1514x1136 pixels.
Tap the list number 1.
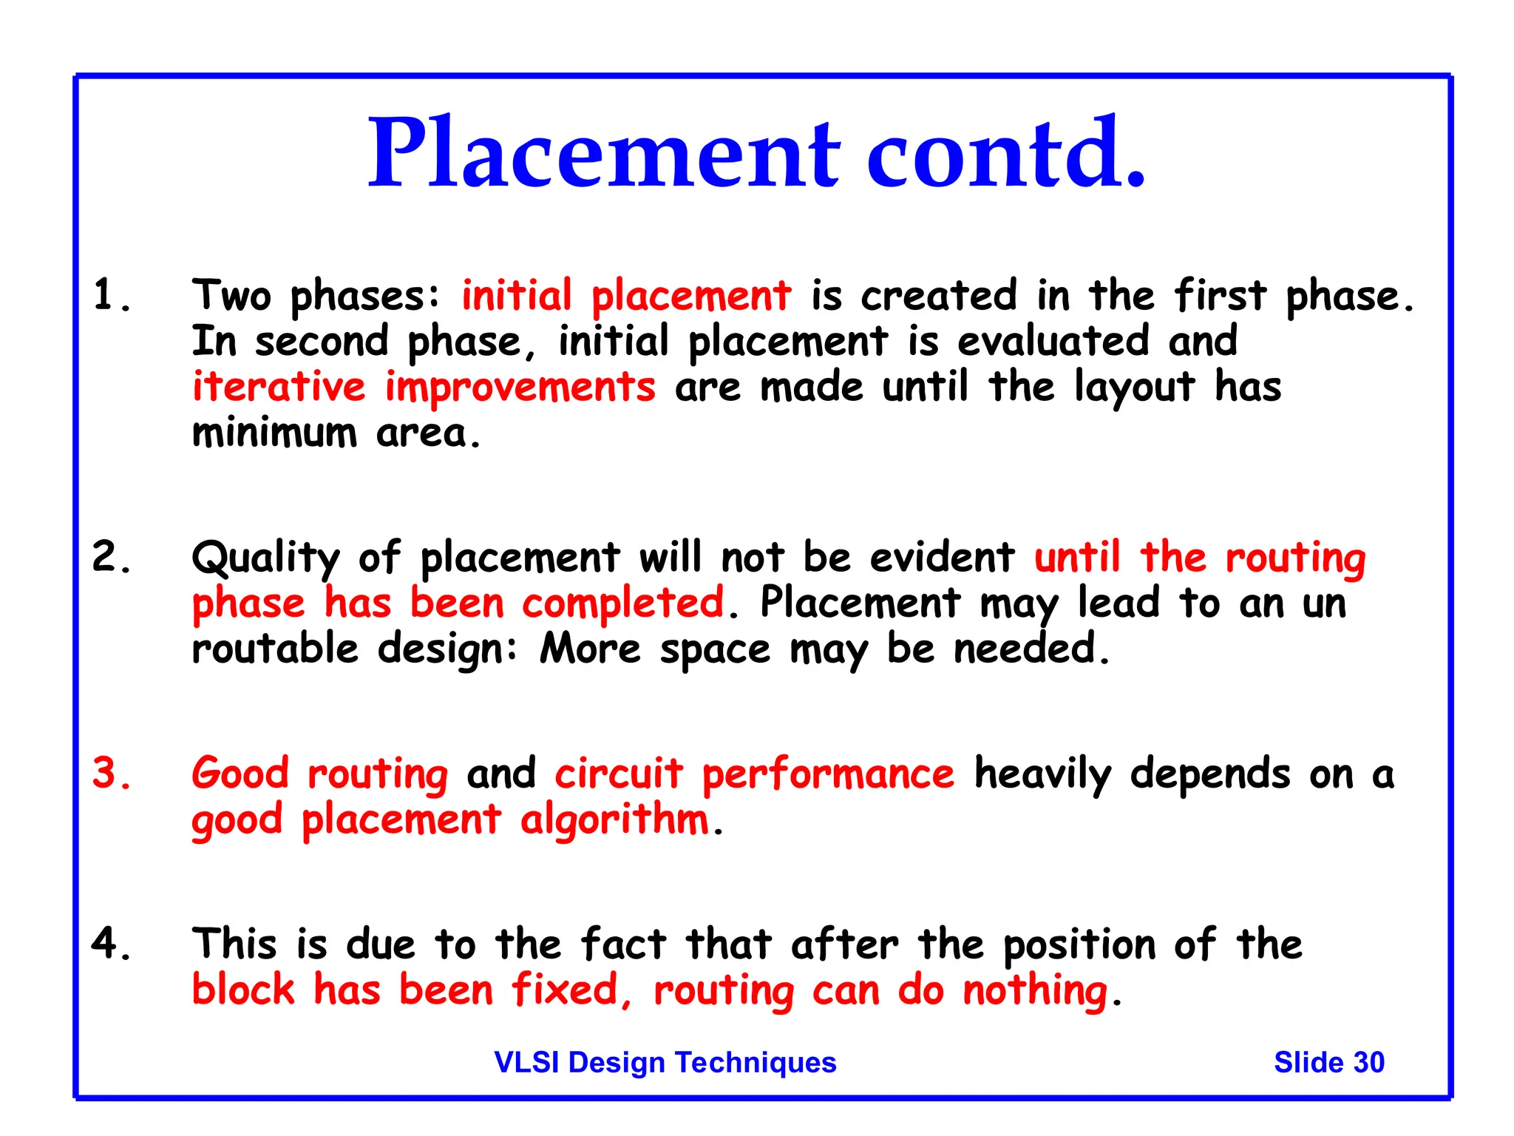[x=112, y=296]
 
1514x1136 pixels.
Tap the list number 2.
[x=112, y=557]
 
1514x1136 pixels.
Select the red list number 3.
[x=112, y=774]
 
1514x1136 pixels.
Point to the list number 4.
[x=112, y=944]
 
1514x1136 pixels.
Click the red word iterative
[x=279, y=387]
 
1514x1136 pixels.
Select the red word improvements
[x=520, y=387]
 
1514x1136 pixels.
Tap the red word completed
[x=623, y=603]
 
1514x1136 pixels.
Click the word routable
[x=275, y=649]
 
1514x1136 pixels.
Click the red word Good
[x=240, y=774]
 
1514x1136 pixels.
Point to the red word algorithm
[x=614, y=821]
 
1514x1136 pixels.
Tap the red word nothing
[x=1035, y=991]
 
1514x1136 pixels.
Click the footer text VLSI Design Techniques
[x=665, y=1062]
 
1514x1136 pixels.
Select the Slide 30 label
[x=1328, y=1062]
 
